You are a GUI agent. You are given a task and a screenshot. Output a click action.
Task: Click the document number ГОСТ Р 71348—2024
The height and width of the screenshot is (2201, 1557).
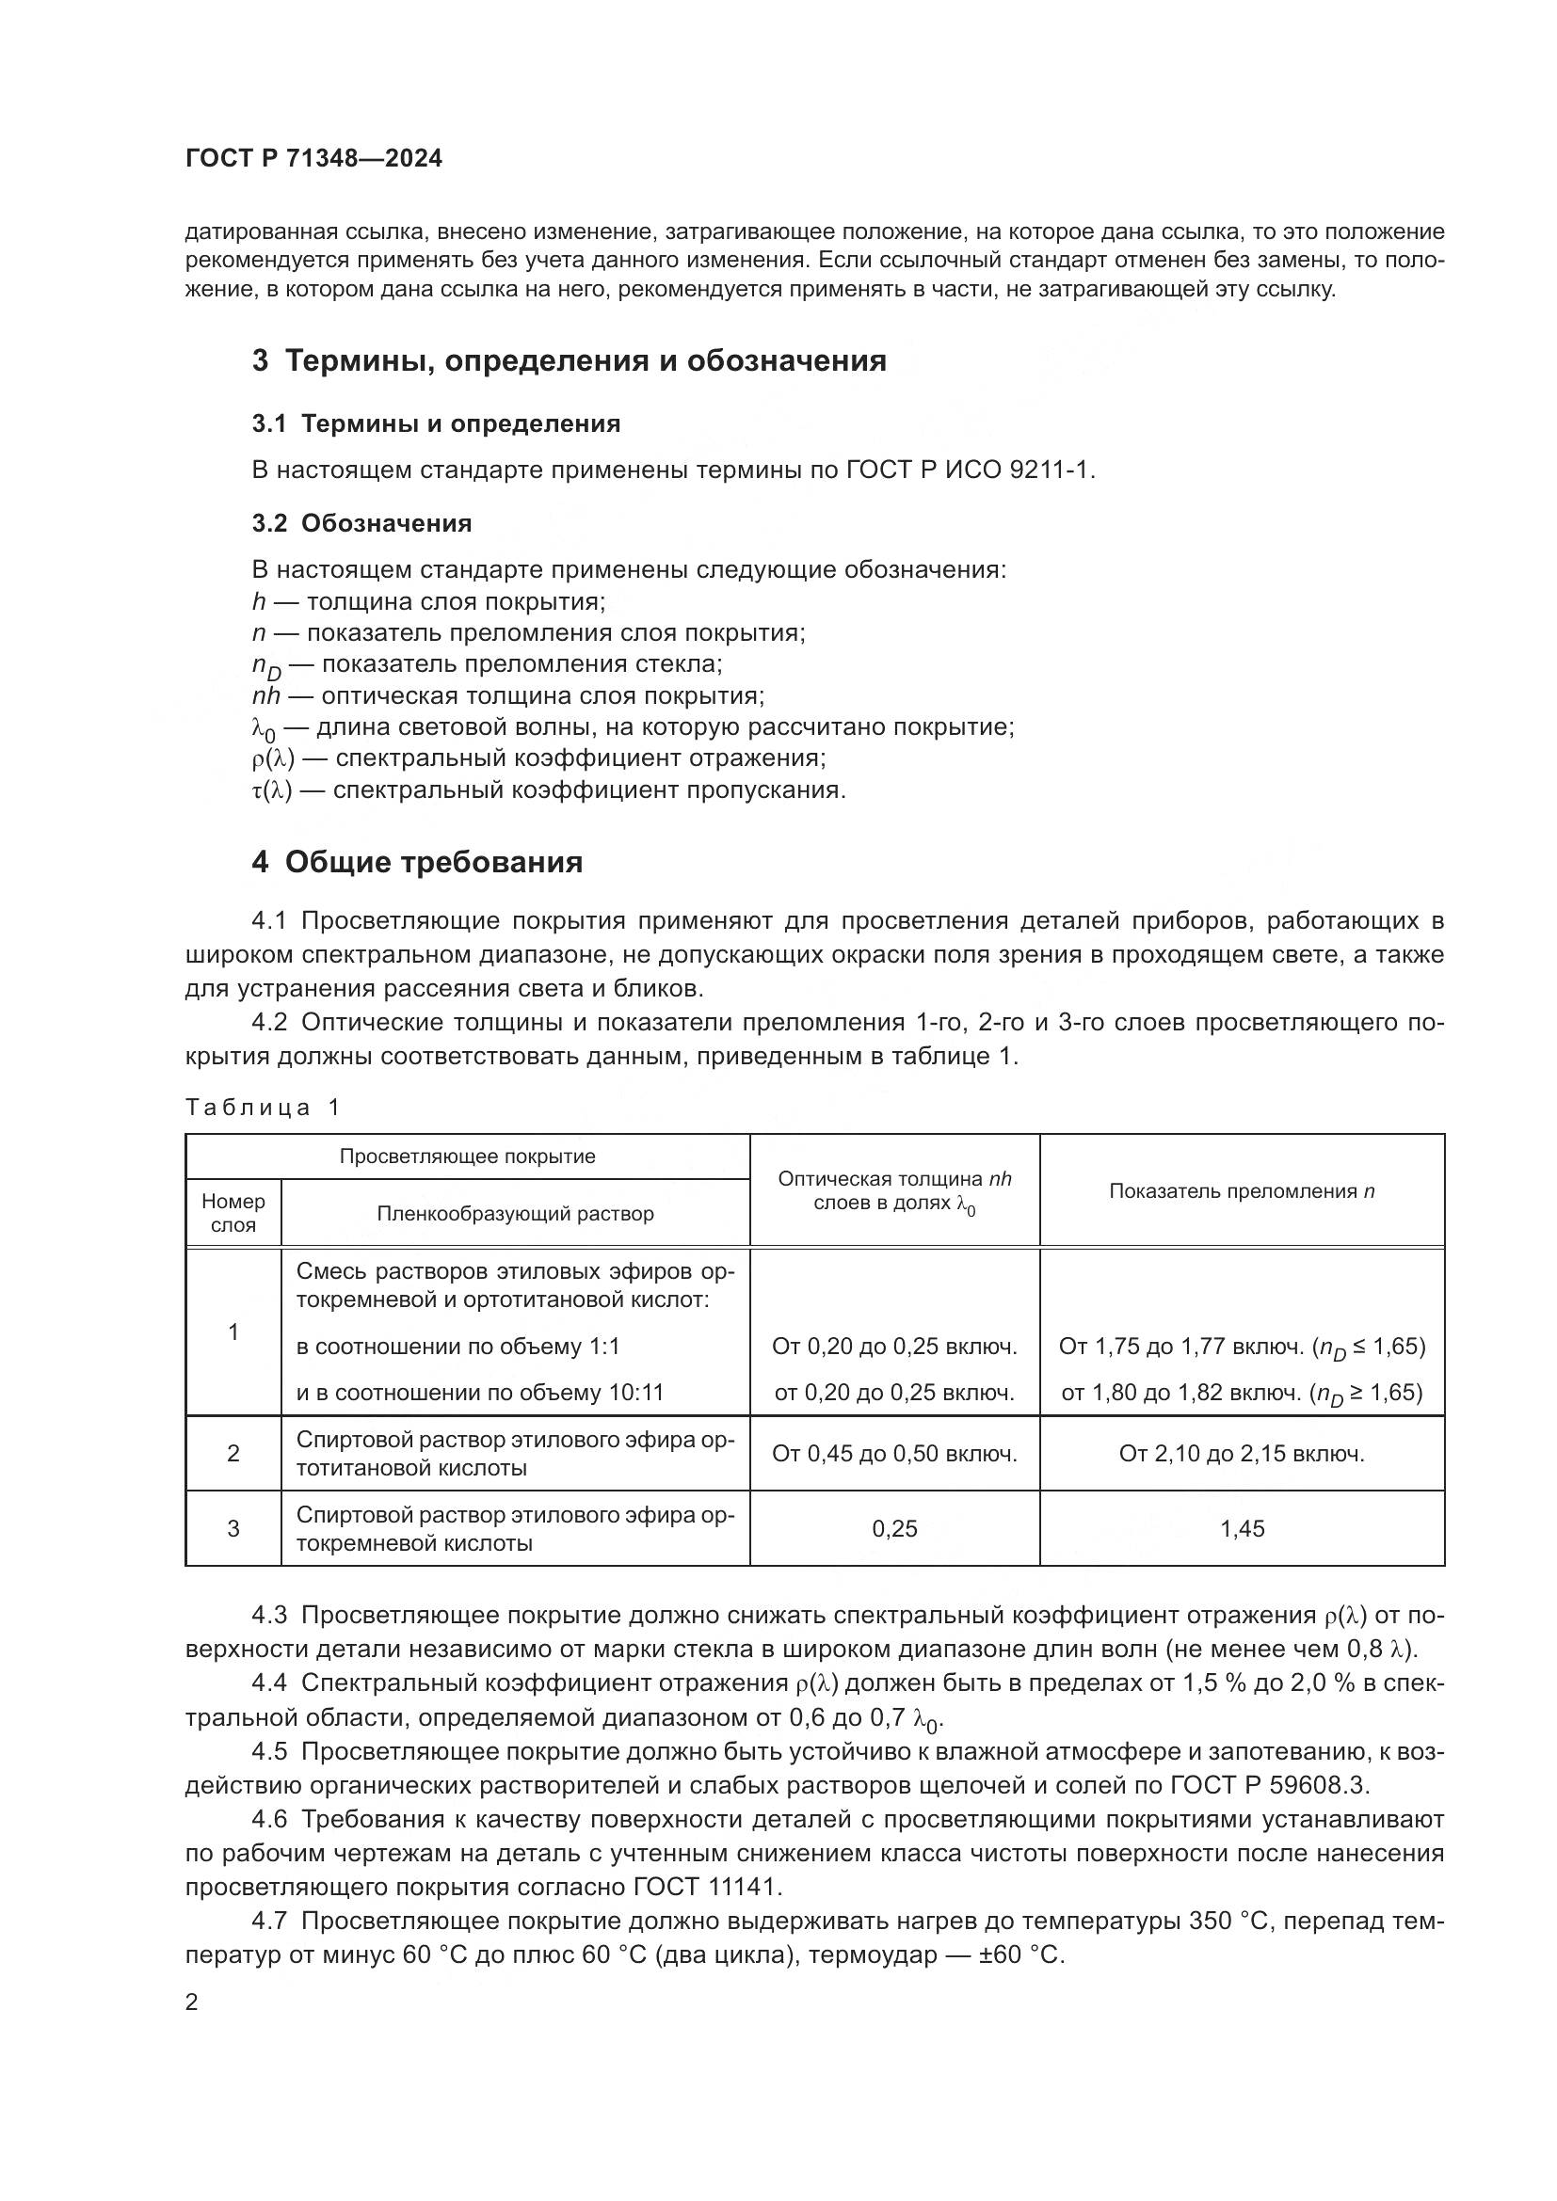[313, 159]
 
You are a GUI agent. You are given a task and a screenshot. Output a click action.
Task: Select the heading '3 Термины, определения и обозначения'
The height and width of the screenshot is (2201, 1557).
[569, 361]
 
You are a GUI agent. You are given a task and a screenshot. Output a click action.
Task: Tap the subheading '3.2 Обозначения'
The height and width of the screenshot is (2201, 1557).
[361, 523]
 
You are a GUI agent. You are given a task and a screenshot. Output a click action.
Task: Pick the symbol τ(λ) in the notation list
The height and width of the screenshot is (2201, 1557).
[271, 790]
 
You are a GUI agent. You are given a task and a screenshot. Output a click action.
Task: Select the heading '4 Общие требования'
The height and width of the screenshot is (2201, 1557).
[417, 862]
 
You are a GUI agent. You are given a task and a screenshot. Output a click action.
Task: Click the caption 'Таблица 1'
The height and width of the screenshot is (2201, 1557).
[263, 1108]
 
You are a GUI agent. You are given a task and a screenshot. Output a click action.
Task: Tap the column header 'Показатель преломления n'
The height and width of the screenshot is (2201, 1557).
[1242, 1191]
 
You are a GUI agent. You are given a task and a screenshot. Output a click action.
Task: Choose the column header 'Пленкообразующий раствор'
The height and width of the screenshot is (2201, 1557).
[515, 1215]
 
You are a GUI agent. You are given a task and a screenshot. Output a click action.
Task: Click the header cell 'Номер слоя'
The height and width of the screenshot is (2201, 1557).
[233, 1214]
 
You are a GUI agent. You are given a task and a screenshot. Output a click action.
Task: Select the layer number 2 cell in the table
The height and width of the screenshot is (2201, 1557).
[233, 1454]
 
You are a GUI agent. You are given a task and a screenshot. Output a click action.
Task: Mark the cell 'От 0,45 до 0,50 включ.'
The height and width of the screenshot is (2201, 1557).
[893, 1454]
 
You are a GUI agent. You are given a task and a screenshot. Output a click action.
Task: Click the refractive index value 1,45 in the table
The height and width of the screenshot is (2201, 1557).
[1242, 1529]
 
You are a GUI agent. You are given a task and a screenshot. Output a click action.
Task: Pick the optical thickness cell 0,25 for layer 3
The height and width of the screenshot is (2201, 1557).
[893, 1529]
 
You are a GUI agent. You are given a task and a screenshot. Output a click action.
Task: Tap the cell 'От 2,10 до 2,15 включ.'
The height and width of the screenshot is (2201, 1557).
[1242, 1454]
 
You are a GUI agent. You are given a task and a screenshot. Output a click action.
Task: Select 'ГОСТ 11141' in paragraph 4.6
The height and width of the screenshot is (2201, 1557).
[707, 1888]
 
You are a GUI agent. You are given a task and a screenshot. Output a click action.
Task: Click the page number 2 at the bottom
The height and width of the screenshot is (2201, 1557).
[192, 2002]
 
